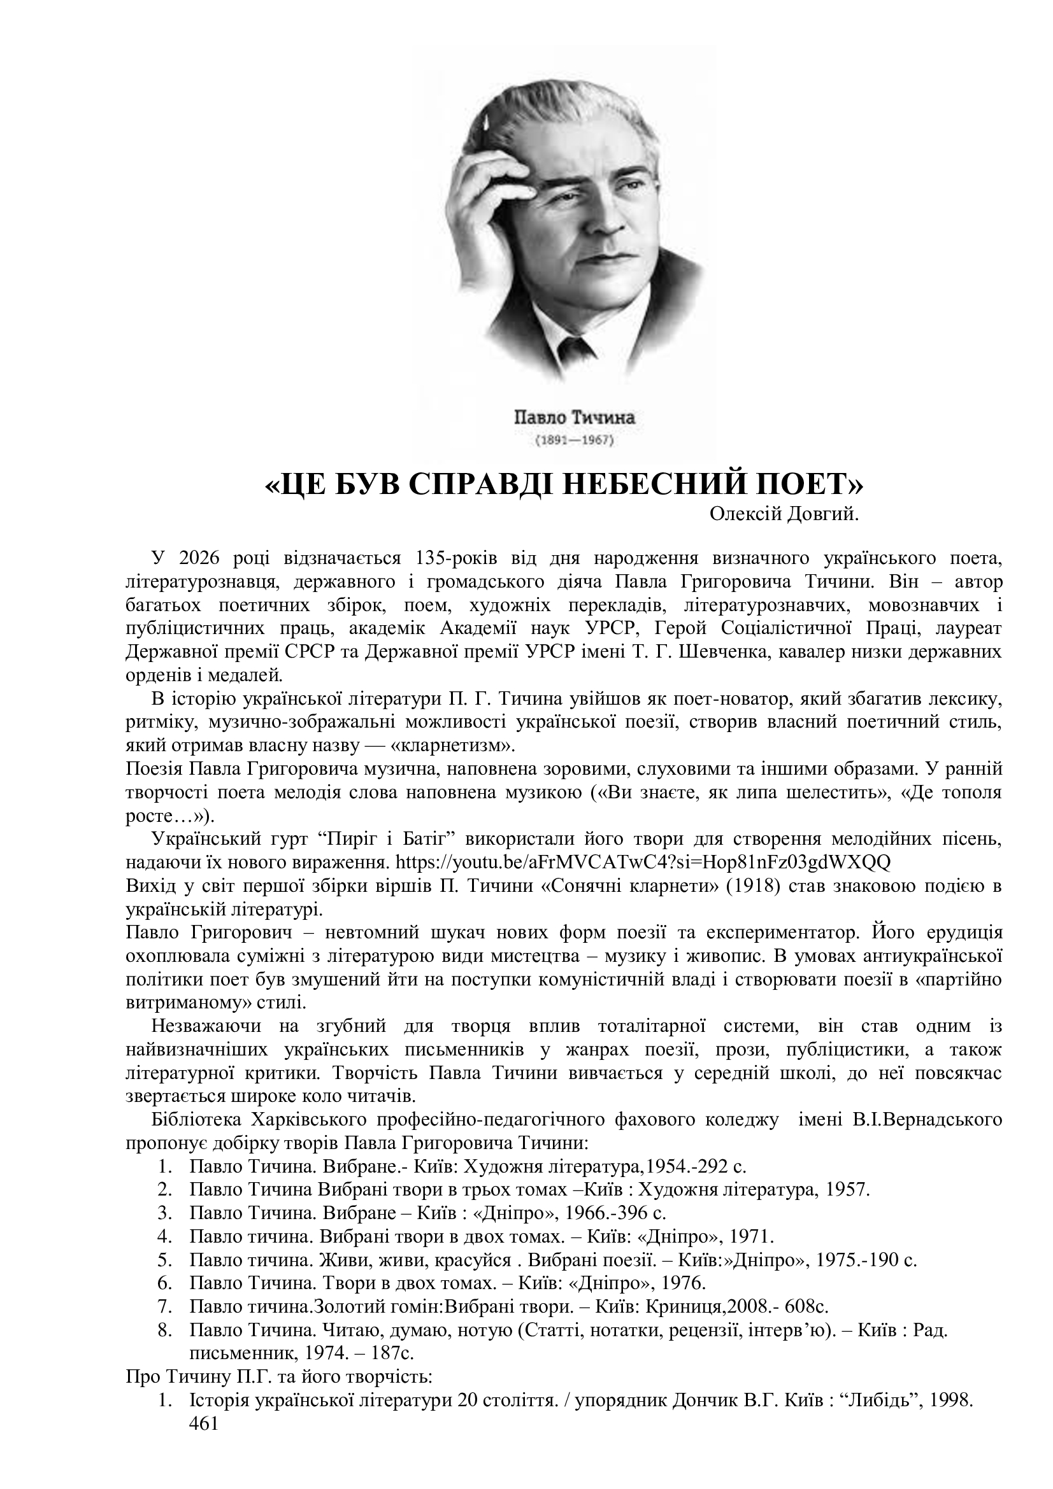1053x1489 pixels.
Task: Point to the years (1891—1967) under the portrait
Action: (x=574, y=441)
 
